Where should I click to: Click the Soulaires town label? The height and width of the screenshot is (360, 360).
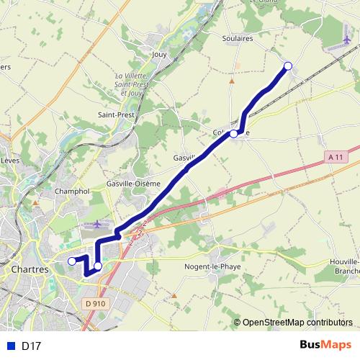[x=238, y=39]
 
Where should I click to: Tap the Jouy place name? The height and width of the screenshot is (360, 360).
[x=160, y=54]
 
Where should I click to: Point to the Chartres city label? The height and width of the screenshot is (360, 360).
[x=30, y=269]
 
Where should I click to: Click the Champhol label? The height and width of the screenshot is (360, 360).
[x=72, y=192]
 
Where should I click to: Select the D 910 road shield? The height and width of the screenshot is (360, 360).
[x=95, y=304]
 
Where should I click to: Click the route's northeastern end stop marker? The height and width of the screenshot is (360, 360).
[x=288, y=66]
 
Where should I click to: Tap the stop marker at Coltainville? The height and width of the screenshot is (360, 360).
[x=233, y=134]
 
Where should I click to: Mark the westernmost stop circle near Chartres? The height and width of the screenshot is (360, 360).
[x=71, y=261]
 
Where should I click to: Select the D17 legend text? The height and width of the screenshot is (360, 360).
[x=31, y=346]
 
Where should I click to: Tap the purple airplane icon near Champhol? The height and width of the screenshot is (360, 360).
[x=97, y=225]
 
